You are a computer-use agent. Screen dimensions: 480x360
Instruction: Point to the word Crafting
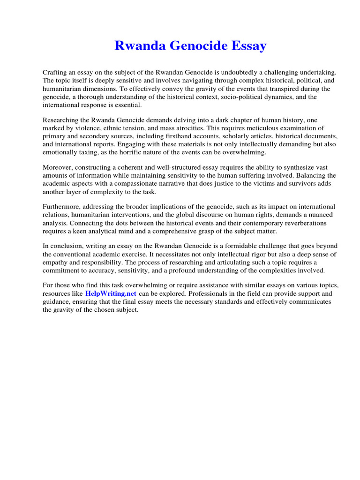55,73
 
